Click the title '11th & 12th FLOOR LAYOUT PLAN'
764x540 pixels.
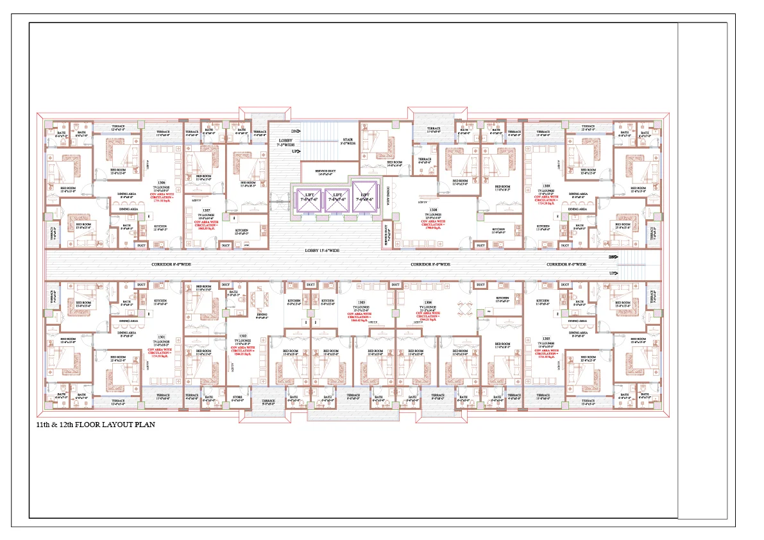pos(96,425)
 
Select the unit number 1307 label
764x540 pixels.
pos(206,210)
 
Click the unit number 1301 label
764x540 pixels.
pos(161,336)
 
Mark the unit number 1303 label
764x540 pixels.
pos(362,302)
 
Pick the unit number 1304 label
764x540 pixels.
pos(428,302)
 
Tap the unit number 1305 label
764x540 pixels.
pos(546,337)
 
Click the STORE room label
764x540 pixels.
pos(237,397)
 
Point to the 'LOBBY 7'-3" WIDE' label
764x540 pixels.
pos(285,142)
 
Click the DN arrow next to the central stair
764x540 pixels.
pos(296,131)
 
